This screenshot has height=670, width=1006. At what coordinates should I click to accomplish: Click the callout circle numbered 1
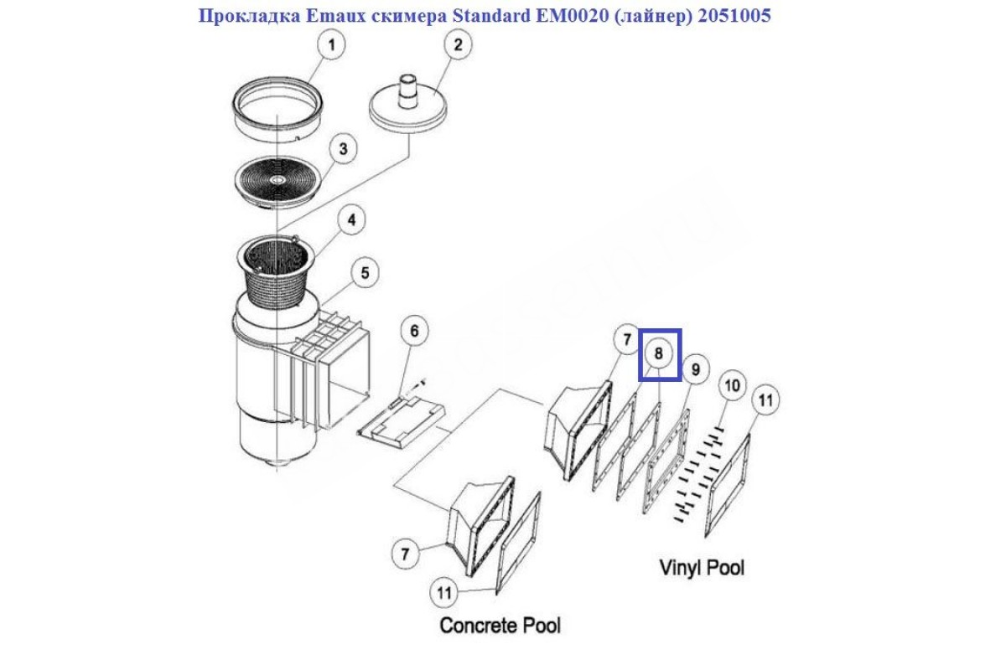click(x=332, y=45)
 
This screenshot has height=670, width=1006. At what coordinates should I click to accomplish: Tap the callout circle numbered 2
click(x=458, y=45)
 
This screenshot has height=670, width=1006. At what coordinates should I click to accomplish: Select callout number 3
click(x=342, y=150)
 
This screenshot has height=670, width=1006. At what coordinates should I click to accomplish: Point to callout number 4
click(x=352, y=220)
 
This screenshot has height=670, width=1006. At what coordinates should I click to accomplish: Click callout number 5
click(x=365, y=272)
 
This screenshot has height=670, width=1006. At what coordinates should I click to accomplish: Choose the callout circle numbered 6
click(x=412, y=332)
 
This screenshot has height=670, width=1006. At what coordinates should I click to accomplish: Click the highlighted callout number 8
click(x=660, y=353)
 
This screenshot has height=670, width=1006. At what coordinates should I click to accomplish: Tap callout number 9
click(x=695, y=368)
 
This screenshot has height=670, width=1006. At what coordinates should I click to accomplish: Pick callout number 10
click(x=733, y=385)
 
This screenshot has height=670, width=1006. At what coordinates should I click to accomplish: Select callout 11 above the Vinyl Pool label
click(x=764, y=400)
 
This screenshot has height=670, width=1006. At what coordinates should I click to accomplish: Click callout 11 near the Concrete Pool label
click(x=444, y=593)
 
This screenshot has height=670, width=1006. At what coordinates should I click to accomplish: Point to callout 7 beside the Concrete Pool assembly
click(x=405, y=553)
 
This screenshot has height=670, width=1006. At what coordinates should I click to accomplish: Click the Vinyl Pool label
click(x=701, y=568)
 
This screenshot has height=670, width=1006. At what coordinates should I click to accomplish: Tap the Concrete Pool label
click(x=500, y=625)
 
